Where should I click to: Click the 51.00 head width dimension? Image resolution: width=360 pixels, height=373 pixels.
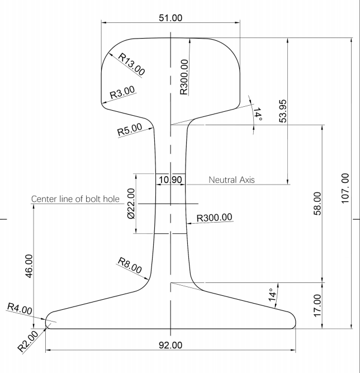pos(170,18)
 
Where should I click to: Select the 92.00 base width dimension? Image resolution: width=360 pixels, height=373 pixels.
pos(170,345)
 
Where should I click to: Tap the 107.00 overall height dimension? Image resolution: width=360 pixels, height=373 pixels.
pos(345,188)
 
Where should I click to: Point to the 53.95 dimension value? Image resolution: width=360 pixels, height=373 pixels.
pos(282,111)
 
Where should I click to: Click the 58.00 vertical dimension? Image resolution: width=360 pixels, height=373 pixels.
pos(318,204)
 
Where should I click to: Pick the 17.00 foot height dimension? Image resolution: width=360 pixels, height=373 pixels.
pos(318,306)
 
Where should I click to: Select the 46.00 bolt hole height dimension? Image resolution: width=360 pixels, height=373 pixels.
pos(29,266)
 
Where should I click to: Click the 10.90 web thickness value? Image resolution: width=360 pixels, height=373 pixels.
pos(170,180)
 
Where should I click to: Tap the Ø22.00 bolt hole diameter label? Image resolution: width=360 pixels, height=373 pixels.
pos(131,204)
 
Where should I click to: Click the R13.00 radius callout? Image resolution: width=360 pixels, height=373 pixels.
pos(131,64)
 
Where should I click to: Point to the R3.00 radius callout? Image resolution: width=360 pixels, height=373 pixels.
pos(122,92)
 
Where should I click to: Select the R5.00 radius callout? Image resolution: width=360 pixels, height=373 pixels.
pos(130,130)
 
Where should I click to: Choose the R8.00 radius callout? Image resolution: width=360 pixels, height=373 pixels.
pos(130,265)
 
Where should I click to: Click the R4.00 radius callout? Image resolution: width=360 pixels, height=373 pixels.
pos(20,309)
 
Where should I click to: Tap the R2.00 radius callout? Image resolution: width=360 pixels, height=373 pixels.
pos(28,341)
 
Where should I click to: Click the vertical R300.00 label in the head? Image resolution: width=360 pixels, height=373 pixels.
pos(184,77)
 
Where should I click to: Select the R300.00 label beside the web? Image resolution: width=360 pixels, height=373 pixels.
pos(214,218)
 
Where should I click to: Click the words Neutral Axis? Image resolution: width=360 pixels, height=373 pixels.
pos(231,180)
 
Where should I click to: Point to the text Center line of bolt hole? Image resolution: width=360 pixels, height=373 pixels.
pos(75,199)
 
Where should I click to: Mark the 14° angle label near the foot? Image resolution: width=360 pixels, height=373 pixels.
pos(272,295)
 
